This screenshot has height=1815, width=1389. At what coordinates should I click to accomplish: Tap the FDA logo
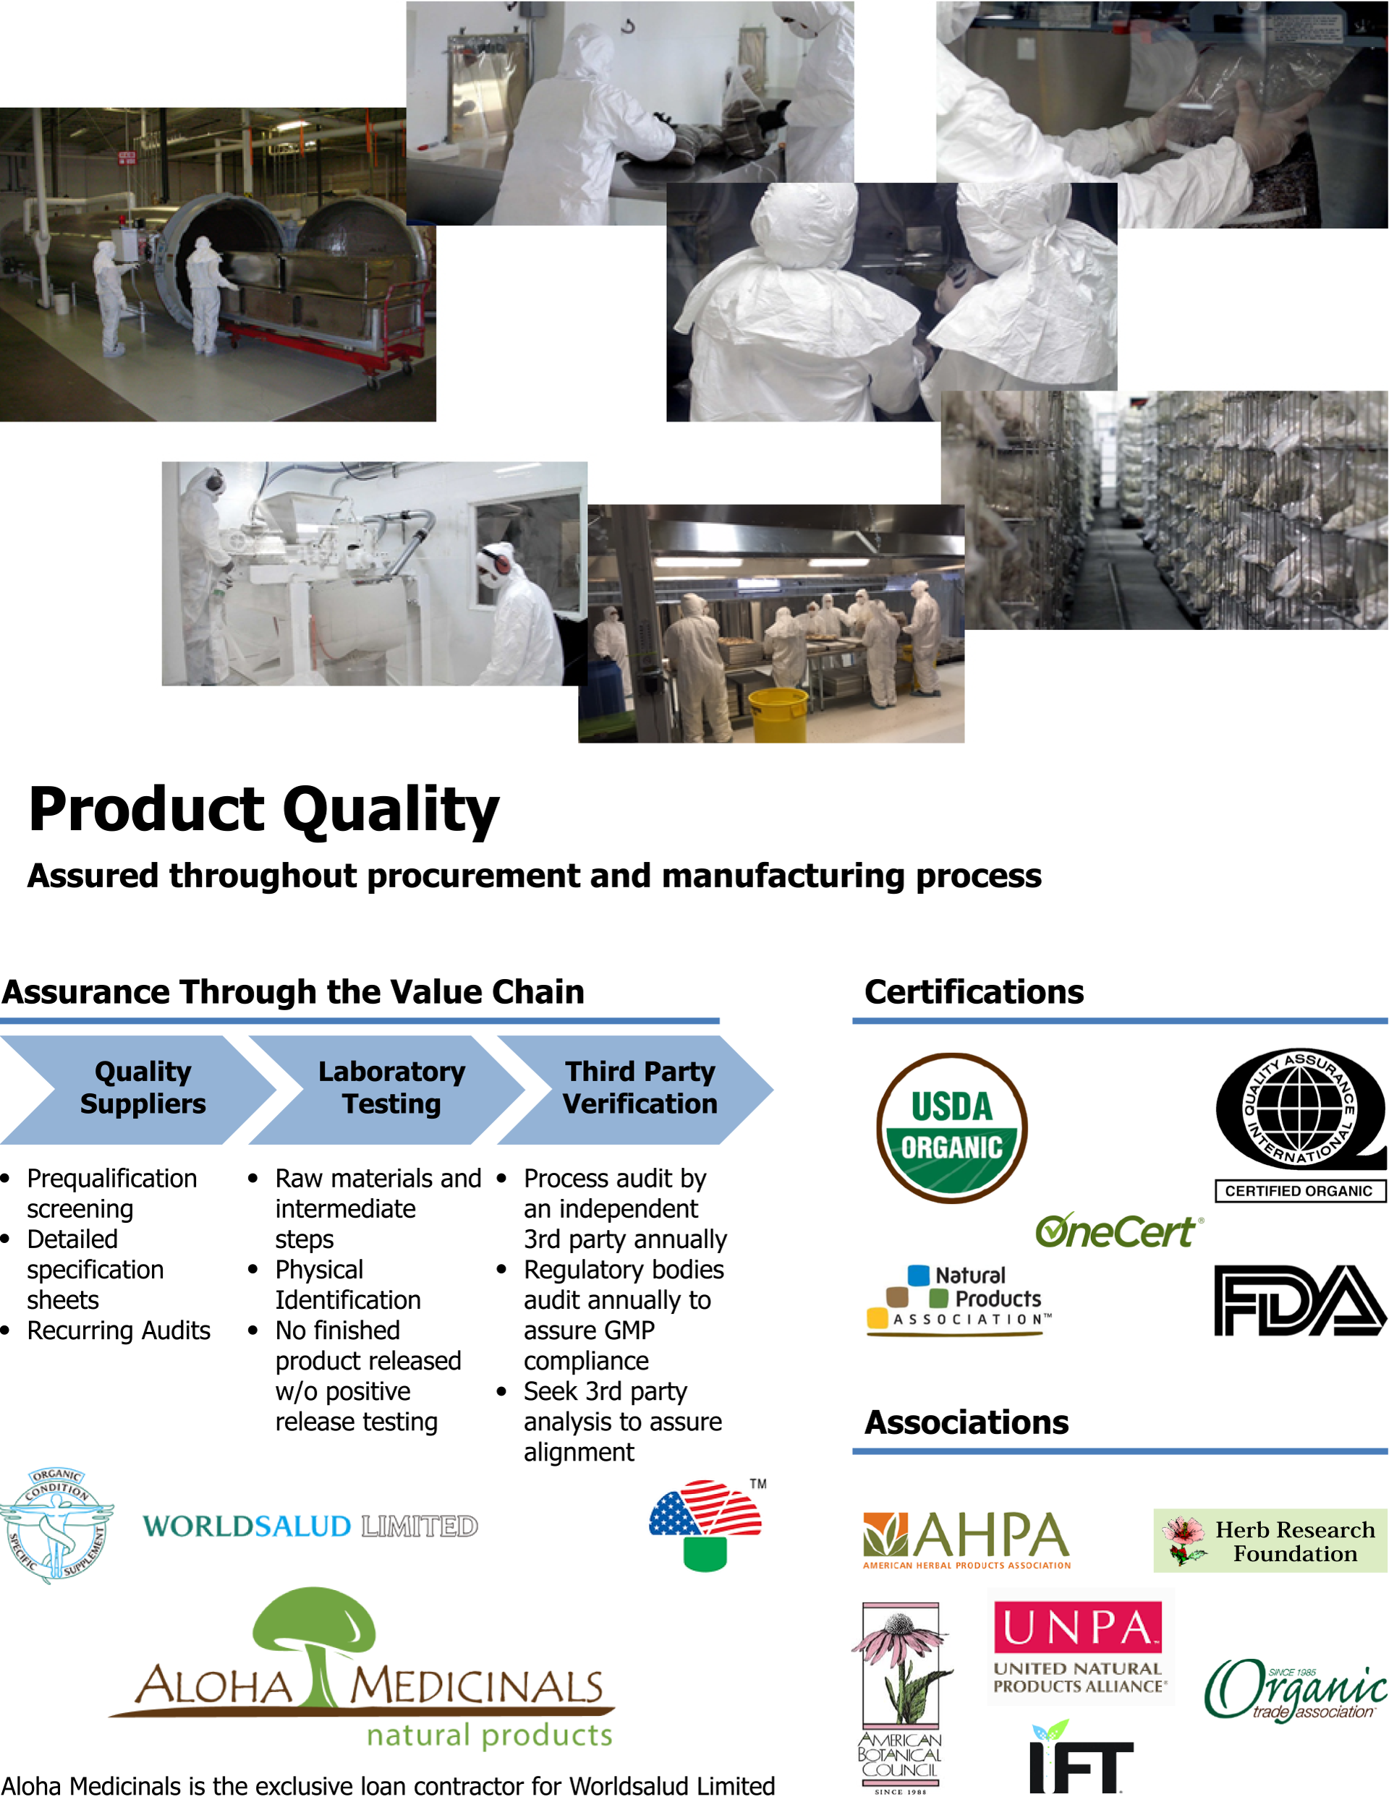[1300, 1300]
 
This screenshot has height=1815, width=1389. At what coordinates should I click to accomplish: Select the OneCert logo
[1119, 1231]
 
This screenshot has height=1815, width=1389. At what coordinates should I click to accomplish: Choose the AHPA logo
[967, 1539]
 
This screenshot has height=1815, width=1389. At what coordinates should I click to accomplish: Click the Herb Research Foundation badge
[1270, 1541]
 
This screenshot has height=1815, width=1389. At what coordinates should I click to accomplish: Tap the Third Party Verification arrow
[635, 1089]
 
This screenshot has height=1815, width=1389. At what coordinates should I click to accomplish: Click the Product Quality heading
[264, 811]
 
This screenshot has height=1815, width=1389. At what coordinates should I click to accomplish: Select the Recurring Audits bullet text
[118, 1331]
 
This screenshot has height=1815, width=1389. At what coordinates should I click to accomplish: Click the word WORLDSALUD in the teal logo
[247, 1526]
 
